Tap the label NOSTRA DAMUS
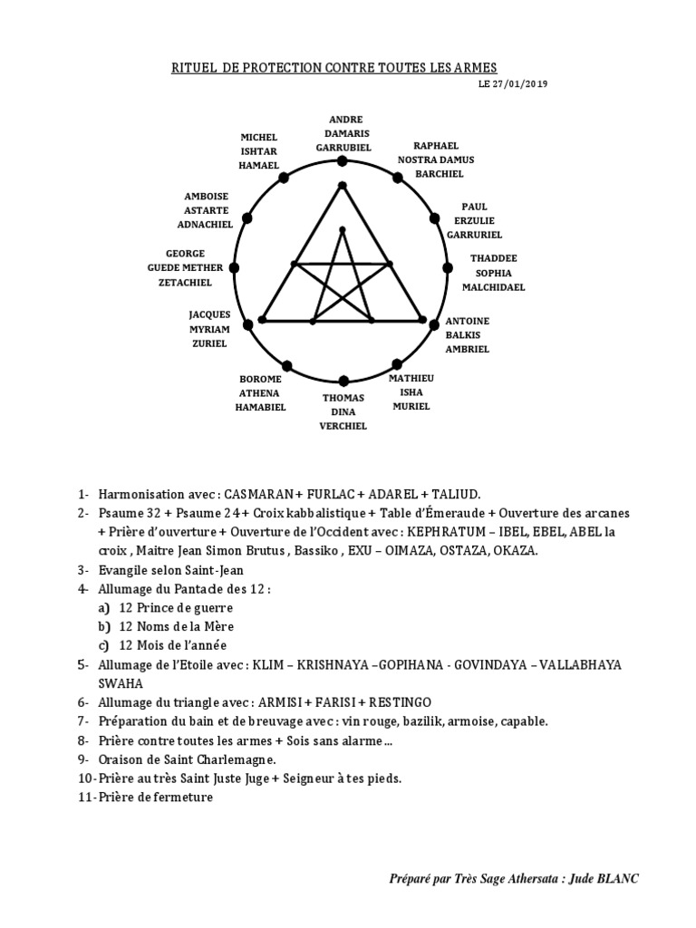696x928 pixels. [x=436, y=159]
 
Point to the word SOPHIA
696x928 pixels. [x=493, y=272]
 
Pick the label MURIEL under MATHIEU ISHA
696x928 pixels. [x=411, y=407]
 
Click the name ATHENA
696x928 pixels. [x=261, y=393]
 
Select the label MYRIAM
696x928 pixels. [x=209, y=330]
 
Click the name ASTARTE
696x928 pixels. [x=208, y=209]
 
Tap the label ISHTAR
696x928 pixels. [x=258, y=152]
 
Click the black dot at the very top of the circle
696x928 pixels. [x=342, y=161]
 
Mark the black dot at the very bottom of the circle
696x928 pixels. [x=343, y=381]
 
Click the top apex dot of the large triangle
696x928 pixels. [x=342, y=186]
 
